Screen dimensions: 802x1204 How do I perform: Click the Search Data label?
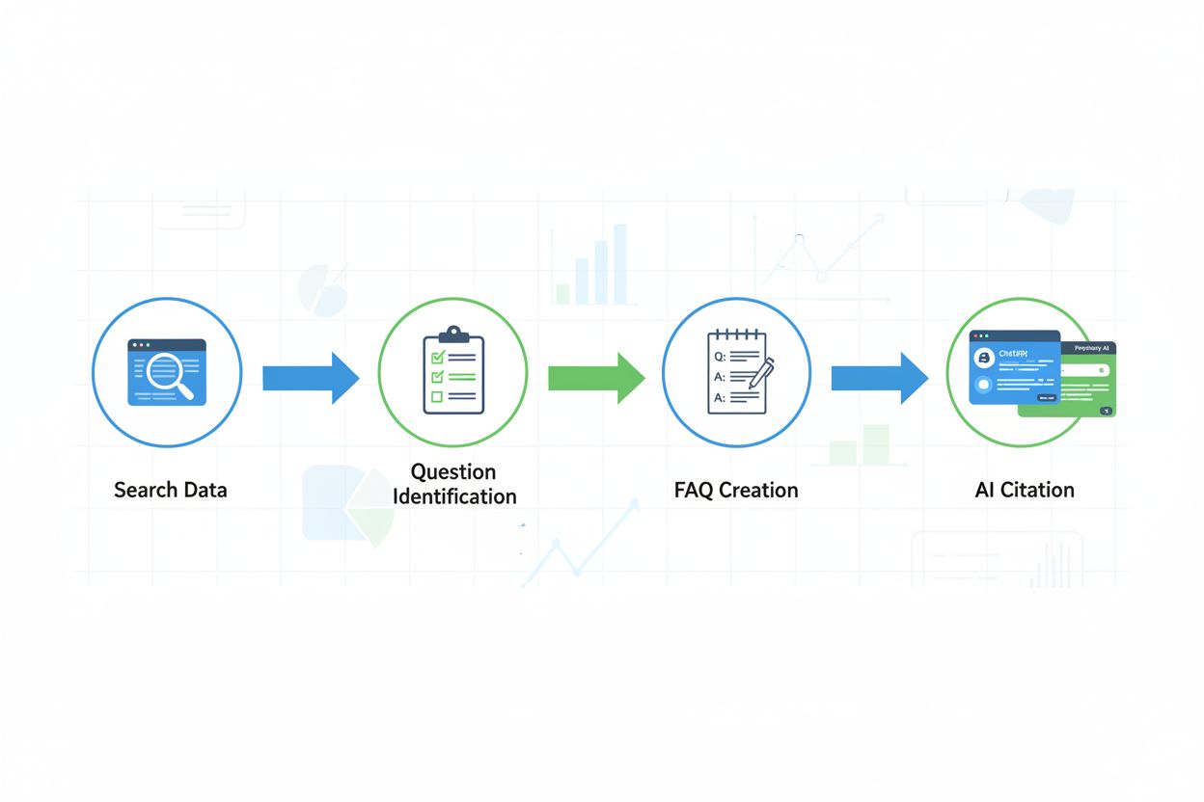point(170,490)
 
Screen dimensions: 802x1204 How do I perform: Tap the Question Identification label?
point(453,484)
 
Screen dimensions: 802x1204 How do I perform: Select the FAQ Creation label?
point(736,490)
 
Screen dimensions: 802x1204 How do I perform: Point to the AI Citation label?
point(1025,490)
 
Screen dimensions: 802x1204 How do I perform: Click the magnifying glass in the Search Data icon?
point(169,372)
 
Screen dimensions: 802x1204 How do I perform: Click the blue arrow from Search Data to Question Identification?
point(310,378)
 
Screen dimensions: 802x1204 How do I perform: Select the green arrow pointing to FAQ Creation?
point(595,378)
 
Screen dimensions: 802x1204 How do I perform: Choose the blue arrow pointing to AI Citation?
point(879,378)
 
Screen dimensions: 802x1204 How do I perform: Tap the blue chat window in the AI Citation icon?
point(1013,367)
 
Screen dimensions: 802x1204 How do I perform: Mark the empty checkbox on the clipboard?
point(437,396)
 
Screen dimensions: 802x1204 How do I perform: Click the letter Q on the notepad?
point(718,356)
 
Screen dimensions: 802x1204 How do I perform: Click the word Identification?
point(453,497)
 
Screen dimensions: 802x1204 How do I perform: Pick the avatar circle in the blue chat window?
point(984,359)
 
